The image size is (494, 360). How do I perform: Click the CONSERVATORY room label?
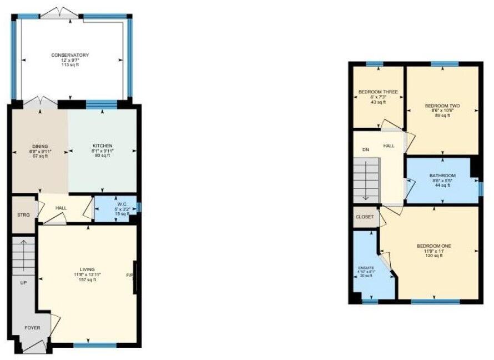[70, 55]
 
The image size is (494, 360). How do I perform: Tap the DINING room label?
[39, 146]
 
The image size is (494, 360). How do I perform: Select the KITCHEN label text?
[102, 146]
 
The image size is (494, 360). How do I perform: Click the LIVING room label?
[88, 269]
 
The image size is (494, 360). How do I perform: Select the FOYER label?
[32, 328]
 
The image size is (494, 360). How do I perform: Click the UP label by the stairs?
[24, 282]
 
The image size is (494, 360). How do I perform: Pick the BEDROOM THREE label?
[378, 92]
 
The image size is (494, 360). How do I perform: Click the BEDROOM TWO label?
[442, 106]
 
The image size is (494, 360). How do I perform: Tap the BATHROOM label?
[442, 176]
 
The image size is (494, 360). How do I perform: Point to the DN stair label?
[365, 149]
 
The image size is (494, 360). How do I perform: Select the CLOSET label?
[365, 217]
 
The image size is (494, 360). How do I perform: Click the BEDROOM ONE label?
[434, 246]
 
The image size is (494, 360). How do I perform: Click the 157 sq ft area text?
[88, 279]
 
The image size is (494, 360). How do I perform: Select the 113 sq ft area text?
[70, 65]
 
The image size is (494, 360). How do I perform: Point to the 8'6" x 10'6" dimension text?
[442, 111]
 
